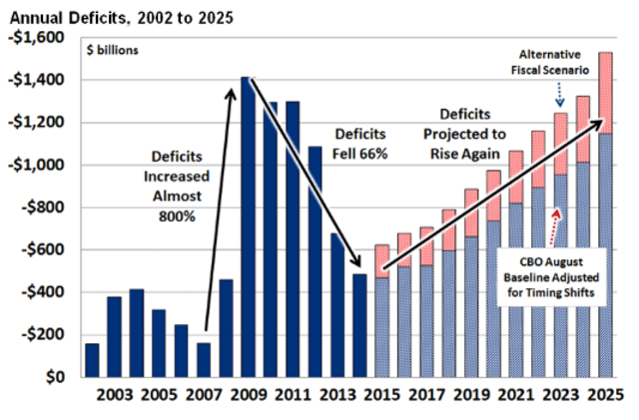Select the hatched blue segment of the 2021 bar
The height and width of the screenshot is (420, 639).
(516, 290)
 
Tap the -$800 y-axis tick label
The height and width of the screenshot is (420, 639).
(43, 208)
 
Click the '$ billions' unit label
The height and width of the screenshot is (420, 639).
(113, 48)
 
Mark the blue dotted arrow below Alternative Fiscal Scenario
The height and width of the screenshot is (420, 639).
(557, 96)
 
